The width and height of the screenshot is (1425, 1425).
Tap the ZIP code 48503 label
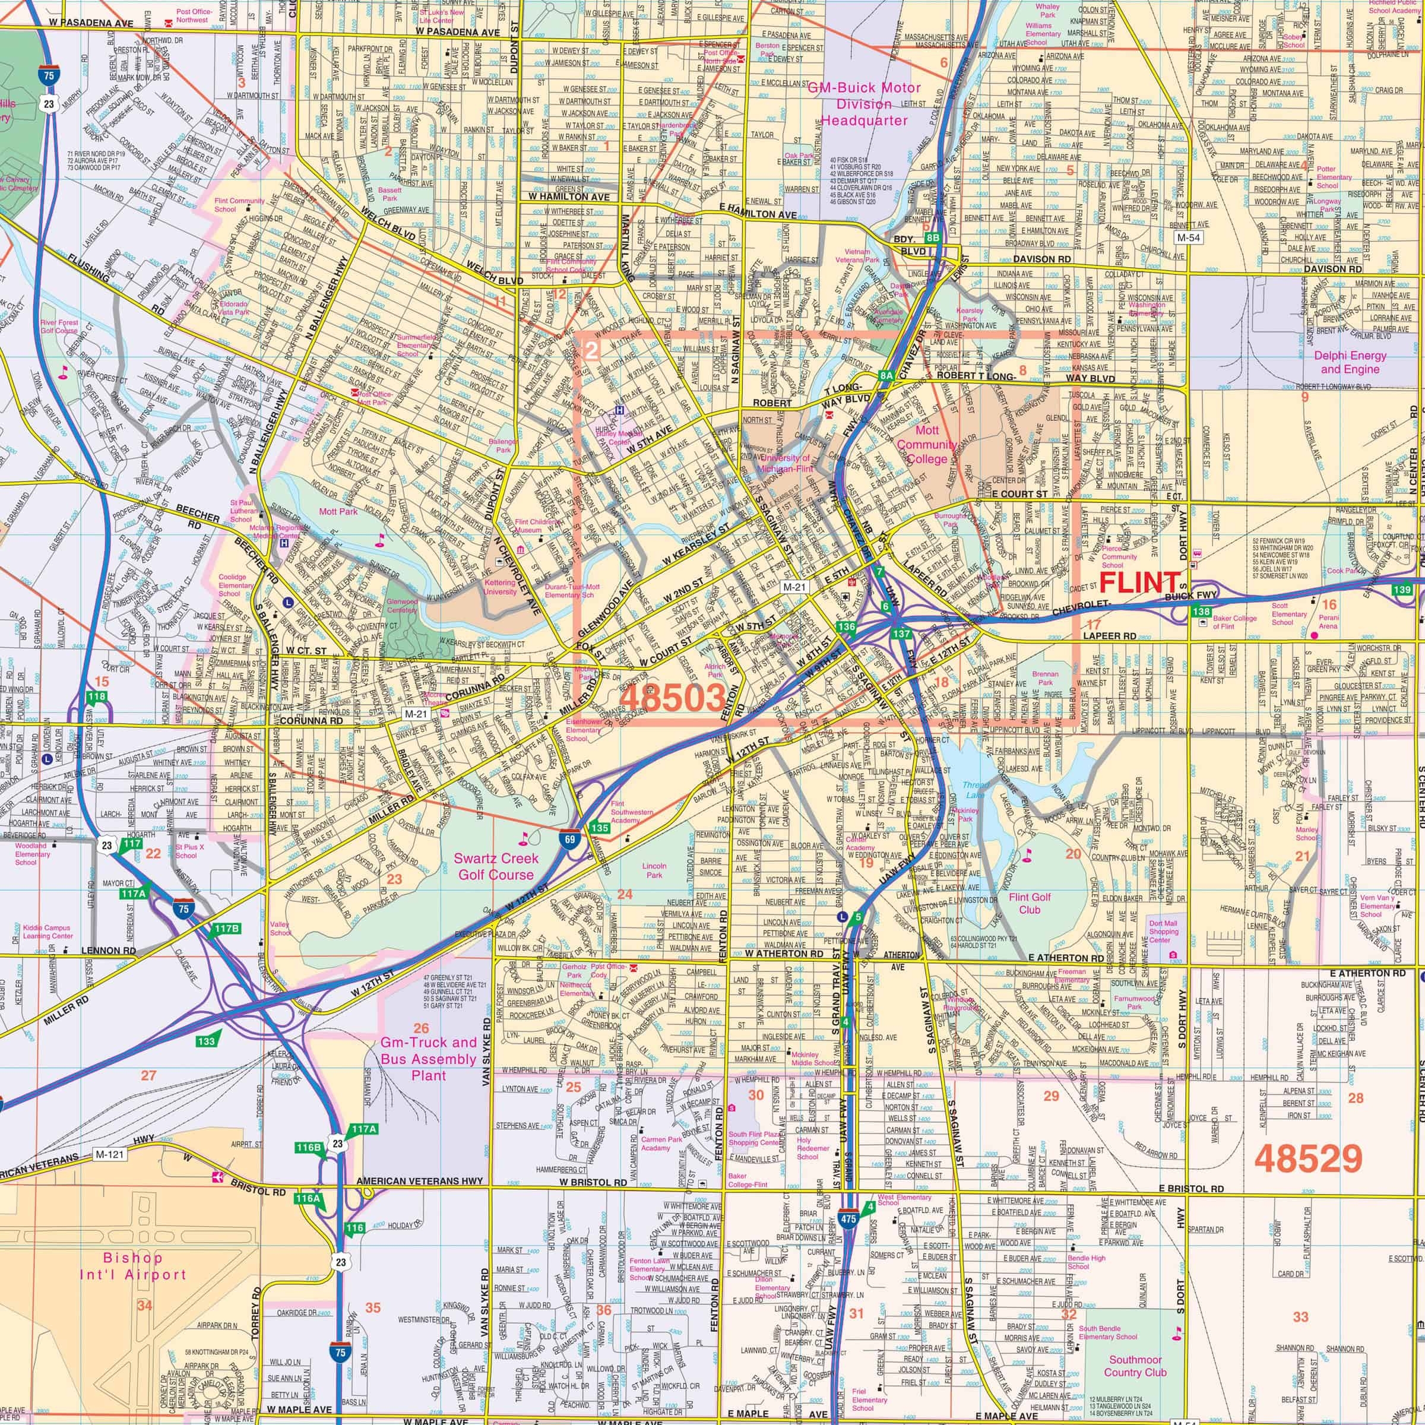673,696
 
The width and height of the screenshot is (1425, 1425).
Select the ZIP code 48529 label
1307,1159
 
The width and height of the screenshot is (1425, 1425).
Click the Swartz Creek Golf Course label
496,866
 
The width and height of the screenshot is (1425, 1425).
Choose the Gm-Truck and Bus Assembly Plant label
429,1059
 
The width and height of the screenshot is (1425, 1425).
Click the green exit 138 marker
1201,612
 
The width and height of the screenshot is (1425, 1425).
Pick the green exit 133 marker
206,1041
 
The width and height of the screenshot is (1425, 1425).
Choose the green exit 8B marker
933,237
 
